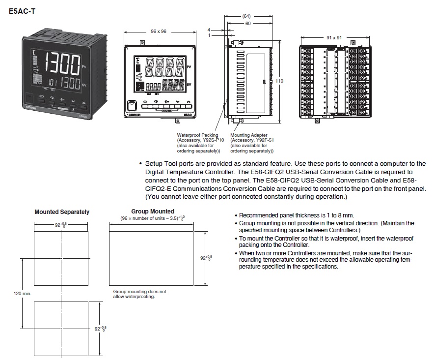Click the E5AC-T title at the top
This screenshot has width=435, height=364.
pos(22,9)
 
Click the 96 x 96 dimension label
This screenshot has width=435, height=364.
pos(158,31)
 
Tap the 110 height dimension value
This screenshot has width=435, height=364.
pos(279,81)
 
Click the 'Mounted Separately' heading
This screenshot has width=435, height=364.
pos(62,212)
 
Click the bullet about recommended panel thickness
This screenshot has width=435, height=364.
pos(297,215)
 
